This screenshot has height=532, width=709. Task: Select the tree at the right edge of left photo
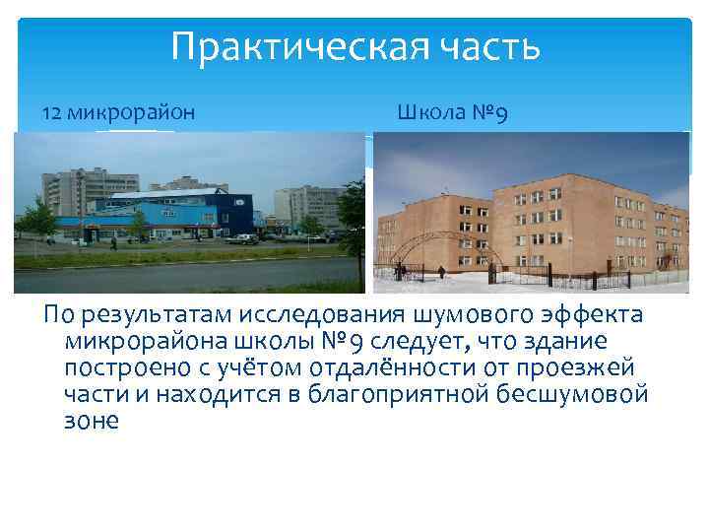[x=350, y=212]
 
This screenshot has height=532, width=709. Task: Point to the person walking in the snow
[x=441, y=271]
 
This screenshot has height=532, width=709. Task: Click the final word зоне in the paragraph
[x=91, y=421]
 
